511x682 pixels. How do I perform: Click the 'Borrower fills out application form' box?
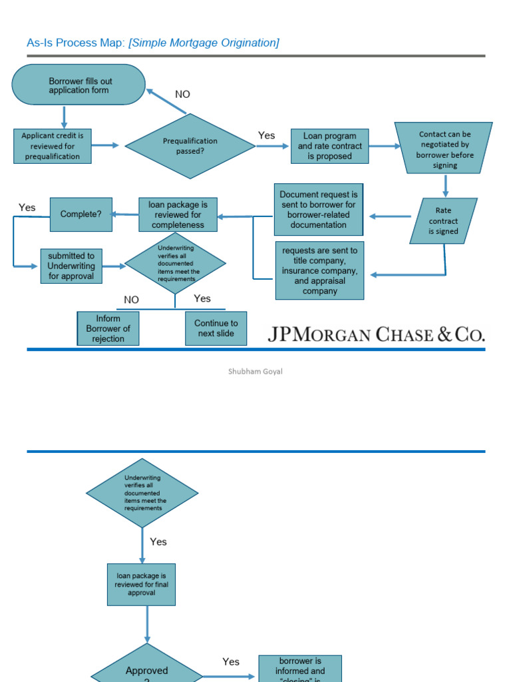click(79, 85)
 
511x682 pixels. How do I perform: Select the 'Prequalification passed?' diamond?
click(190, 146)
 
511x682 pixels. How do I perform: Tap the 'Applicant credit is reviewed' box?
click(52, 146)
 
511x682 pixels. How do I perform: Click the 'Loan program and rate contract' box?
click(330, 146)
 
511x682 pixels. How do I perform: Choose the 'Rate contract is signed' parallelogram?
click(443, 220)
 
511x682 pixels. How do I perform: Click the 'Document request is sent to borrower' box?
click(319, 210)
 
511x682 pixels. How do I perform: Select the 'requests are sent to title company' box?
click(319, 270)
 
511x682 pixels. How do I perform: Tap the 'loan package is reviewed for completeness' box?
click(178, 214)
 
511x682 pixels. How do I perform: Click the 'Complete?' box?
click(81, 214)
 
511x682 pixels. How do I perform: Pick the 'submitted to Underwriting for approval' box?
click(71, 266)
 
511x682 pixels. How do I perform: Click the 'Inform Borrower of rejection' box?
click(108, 328)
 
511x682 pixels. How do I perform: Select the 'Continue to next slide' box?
click(216, 328)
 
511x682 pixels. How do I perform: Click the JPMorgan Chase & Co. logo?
click(376, 334)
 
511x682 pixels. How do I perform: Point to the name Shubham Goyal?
click(255, 372)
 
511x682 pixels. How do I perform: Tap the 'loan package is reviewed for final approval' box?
click(142, 584)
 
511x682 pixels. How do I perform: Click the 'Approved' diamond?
click(146, 669)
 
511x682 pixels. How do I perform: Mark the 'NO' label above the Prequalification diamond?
click(182, 95)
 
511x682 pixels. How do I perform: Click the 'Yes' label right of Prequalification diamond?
click(266, 136)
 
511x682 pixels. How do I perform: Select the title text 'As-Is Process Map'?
click(75, 43)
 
